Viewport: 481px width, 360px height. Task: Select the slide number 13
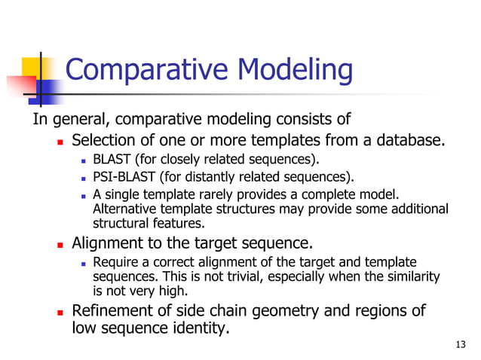(x=461, y=345)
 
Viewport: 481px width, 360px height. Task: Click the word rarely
(x=208, y=195)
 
